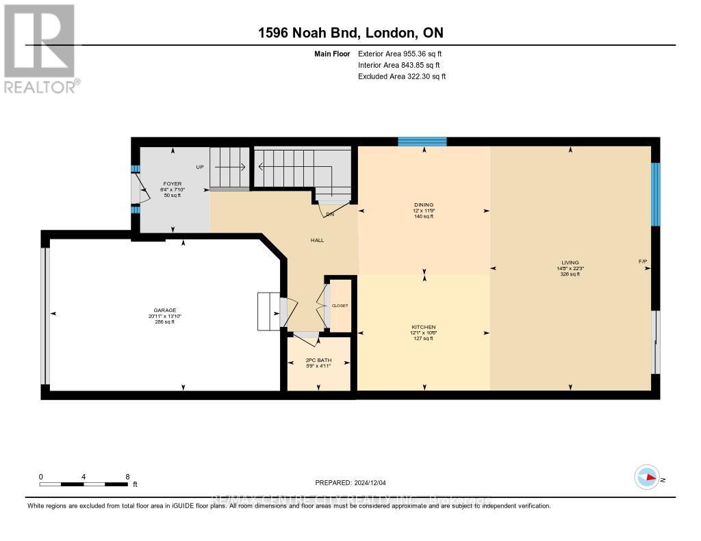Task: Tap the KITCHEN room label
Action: click(x=424, y=327)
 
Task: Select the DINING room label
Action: click(x=424, y=204)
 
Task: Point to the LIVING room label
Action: click(x=570, y=263)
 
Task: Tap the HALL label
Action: click(x=317, y=240)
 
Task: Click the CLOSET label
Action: click(x=340, y=306)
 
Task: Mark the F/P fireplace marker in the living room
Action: click(x=642, y=263)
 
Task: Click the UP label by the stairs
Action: click(x=200, y=167)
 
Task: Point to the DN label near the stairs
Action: click(x=330, y=215)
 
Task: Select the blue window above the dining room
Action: click(x=422, y=142)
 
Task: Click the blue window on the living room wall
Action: click(x=655, y=194)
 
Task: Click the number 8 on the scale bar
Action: click(x=127, y=476)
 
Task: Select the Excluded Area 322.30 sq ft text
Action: click(x=401, y=77)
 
